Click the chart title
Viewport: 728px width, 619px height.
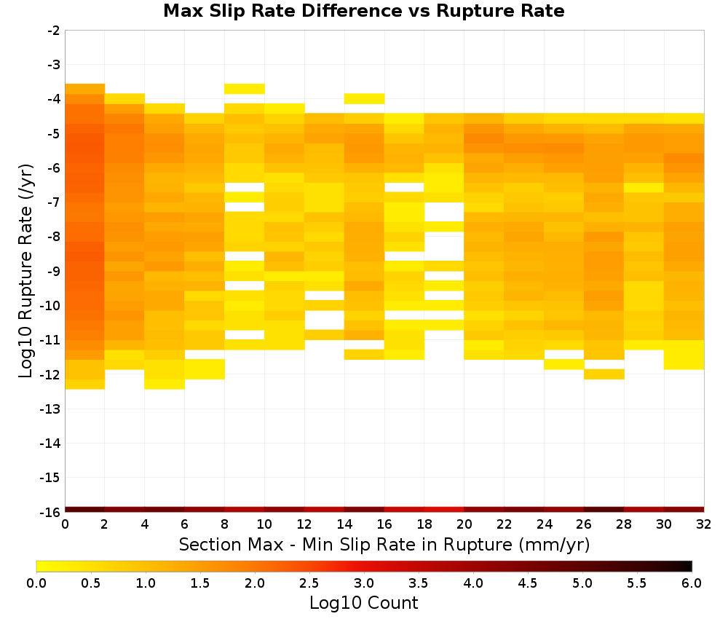tap(363, 11)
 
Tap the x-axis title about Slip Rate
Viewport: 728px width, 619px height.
tap(384, 544)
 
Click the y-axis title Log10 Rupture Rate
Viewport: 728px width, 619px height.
tap(26, 271)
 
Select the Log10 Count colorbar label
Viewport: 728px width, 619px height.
tap(363, 603)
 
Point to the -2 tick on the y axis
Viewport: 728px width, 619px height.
tap(53, 31)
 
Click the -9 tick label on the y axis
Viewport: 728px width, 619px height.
tap(53, 271)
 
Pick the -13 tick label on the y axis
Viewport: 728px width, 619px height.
tap(51, 409)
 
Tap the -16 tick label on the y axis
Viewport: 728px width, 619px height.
tap(51, 512)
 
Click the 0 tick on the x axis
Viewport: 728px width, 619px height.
tap(65, 524)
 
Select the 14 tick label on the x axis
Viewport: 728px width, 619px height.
tap(344, 524)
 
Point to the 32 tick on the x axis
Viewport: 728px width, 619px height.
tap(704, 524)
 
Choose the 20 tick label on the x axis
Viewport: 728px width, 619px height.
tap(464, 524)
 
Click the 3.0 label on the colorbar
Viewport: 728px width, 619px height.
tap(363, 583)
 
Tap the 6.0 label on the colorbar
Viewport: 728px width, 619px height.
tap(692, 583)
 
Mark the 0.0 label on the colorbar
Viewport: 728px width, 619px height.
tap(36, 583)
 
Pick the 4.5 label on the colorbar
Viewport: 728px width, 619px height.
tap(527, 583)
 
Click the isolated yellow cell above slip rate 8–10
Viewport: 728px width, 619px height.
tap(245, 89)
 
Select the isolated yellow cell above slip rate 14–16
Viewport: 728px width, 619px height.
tap(365, 98)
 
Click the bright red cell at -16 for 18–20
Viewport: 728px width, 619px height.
tap(444, 510)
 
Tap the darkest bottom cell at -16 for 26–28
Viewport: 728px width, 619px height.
tap(604, 510)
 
